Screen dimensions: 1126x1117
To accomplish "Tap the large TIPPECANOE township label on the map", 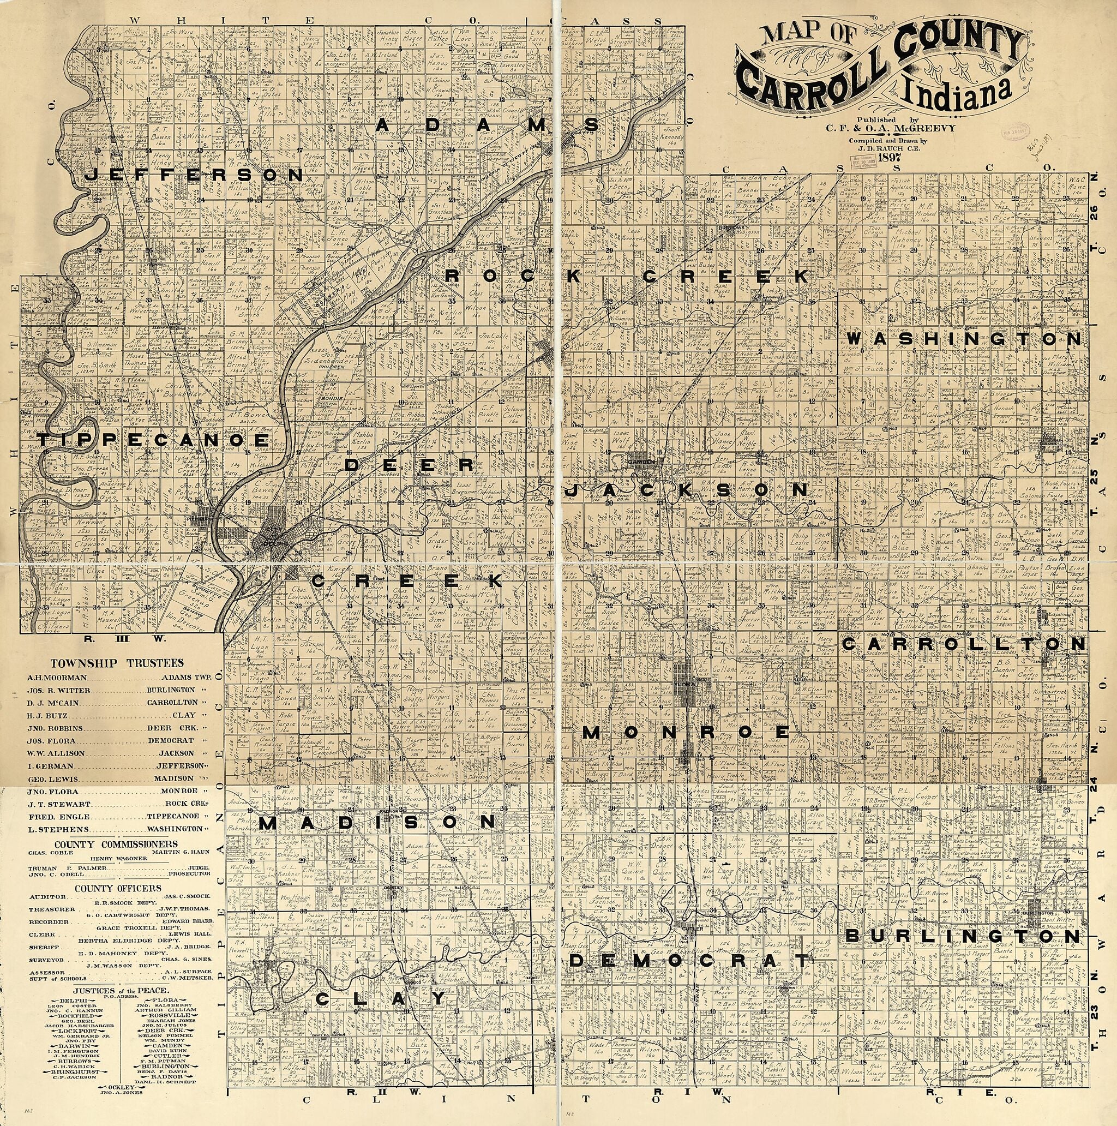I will point(151,440).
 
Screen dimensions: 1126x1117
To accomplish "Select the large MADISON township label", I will point(376,822).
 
